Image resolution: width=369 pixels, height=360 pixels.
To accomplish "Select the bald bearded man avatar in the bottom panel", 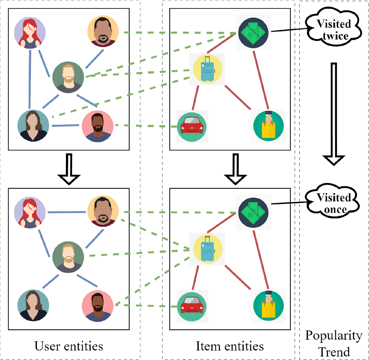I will click(x=103, y=211).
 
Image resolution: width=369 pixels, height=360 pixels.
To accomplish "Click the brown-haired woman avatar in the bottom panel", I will click(x=33, y=305).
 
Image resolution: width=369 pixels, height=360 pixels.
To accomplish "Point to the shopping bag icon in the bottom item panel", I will click(x=269, y=305).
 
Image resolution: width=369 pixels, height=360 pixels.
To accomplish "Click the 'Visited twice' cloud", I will click(x=333, y=30).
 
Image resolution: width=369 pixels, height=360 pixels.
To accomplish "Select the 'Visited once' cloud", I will click(x=333, y=203).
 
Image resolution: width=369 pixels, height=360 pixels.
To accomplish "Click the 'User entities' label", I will click(x=69, y=346).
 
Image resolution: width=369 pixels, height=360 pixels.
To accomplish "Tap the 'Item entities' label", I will click(x=230, y=346).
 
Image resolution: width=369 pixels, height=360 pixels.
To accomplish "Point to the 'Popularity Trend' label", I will click(x=333, y=344).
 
